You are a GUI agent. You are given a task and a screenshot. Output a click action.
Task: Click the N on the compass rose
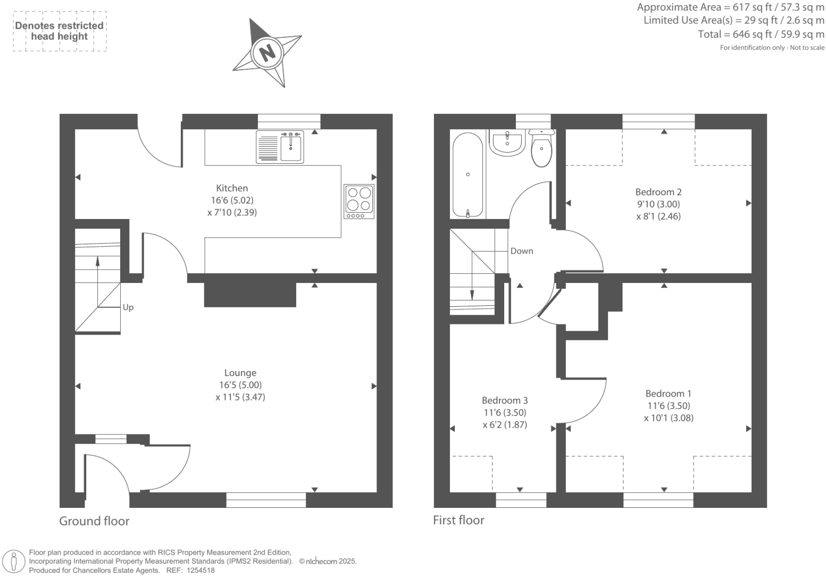(268, 52)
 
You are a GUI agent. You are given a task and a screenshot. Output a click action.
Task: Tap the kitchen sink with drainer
(280, 146)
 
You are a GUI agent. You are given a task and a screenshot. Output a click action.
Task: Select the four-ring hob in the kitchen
(359, 201)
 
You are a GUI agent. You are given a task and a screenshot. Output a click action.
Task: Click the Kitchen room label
(232, 188)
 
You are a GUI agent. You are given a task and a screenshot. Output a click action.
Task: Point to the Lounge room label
(240, 373)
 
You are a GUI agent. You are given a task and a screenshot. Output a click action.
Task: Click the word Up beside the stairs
(128, 307)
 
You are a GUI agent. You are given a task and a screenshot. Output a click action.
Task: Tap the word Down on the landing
(521, 251)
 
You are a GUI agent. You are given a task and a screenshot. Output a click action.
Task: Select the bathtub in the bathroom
(468, 174)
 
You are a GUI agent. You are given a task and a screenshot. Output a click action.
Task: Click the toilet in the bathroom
(541, 148)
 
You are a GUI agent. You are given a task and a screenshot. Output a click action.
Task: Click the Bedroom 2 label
(658, 192)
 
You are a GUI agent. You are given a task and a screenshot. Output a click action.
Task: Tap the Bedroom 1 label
(668, 394)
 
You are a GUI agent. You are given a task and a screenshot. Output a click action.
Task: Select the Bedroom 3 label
(505, 400)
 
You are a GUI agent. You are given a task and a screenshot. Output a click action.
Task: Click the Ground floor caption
(94, 521)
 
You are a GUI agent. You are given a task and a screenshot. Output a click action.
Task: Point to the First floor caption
(458, 520)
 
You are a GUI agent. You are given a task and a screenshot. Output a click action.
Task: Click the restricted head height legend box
(60, 31)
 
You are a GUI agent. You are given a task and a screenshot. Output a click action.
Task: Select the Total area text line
(761, 35)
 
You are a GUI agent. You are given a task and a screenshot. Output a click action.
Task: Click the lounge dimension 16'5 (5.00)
(240, 385)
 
